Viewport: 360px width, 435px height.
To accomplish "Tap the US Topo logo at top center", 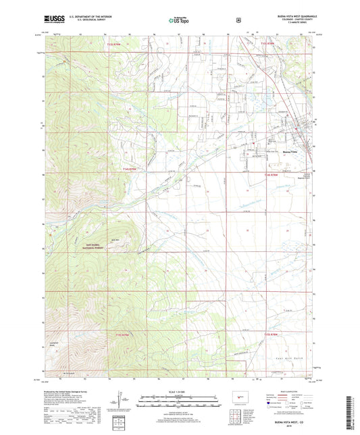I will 179,20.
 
